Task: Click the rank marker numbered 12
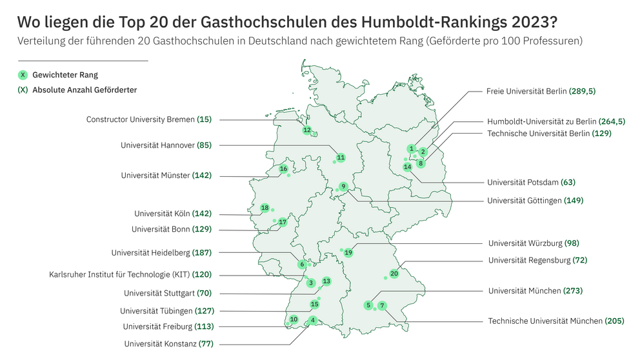point(307,130)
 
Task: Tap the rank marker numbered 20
point(394,274)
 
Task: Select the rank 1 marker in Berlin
point(411,148)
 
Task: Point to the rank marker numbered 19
point(348,253)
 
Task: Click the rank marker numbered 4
point(313,320)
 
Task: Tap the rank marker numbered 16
point(283,169)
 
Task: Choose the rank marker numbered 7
point(382,305)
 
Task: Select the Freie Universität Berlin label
point(526,92)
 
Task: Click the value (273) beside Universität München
point(573,291)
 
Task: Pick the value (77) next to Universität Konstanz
point(206,344)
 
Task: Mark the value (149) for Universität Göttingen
point(574,201)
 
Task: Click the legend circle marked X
point(24,75)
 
